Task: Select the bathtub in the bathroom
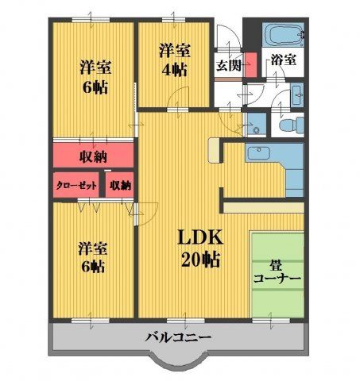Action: coord(282,35)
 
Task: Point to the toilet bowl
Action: coord(292,124)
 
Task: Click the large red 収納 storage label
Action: coord(93,155)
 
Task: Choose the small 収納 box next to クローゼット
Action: coord(120,185)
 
